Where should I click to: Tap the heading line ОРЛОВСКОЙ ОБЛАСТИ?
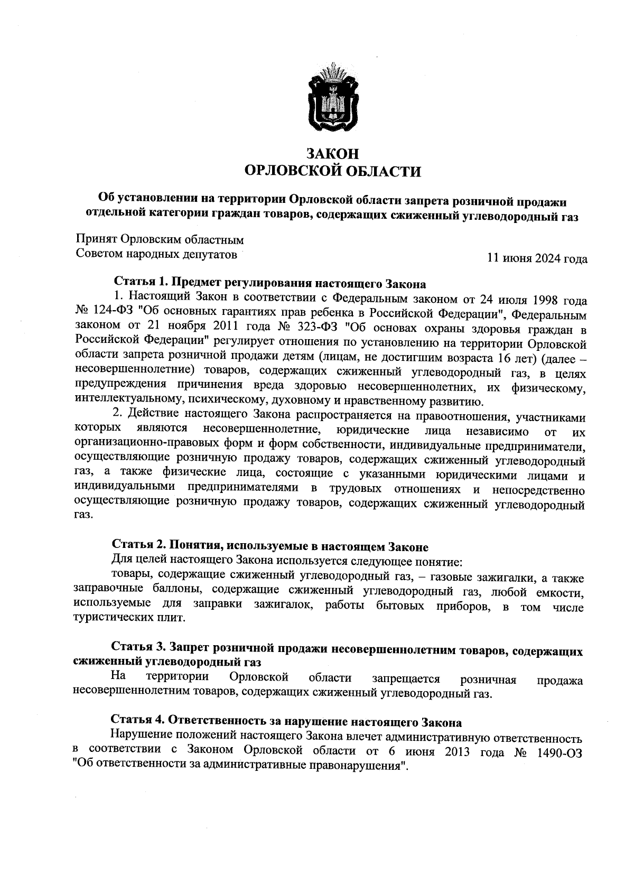[333, 171]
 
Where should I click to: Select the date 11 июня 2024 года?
[537, 258]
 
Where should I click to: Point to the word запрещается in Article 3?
[406, 678]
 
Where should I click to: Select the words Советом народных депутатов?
[156, 254]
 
